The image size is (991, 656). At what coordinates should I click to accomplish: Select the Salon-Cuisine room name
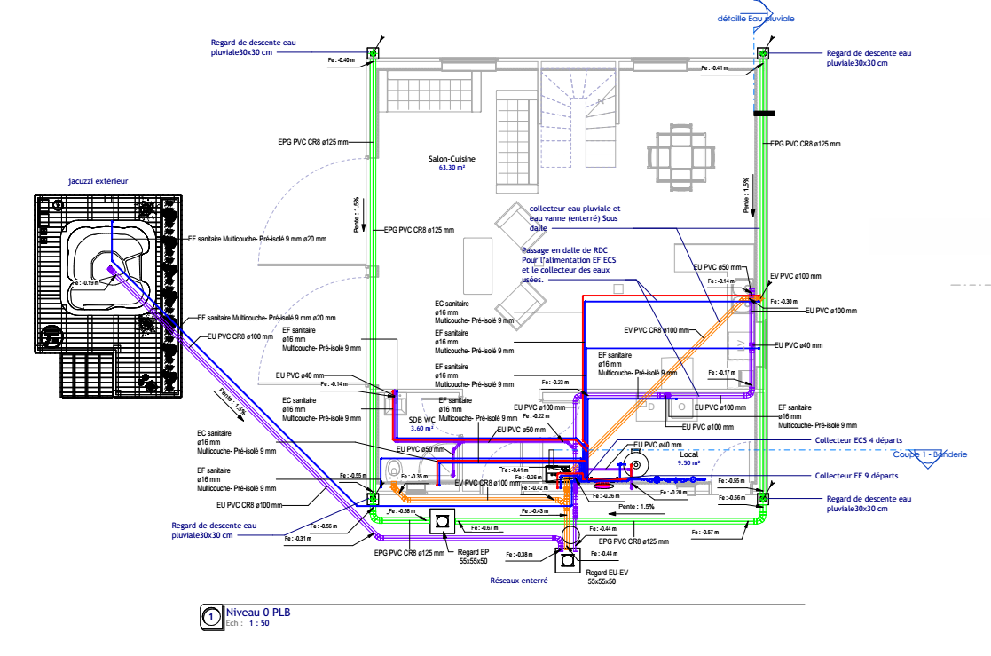tap(452, 159)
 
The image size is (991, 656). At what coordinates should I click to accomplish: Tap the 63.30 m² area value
tap(452, 167)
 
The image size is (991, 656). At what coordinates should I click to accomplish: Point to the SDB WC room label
tap(421, 420)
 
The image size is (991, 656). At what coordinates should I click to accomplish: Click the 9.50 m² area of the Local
tap(689, 462)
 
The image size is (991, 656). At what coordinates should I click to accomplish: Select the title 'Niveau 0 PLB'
tap(258, 612)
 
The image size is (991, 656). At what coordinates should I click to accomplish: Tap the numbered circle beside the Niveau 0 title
tap(211, 616)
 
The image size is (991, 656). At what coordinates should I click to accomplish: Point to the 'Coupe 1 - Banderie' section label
tap(929, 454)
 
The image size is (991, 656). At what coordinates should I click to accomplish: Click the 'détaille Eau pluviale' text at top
tap(756, 18)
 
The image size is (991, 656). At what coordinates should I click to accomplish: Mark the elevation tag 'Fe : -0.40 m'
tap(342, 60)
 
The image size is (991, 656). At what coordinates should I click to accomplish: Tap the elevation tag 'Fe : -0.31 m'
tap(298, 539)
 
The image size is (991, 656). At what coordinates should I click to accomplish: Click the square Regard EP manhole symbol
tap(441, 520)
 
